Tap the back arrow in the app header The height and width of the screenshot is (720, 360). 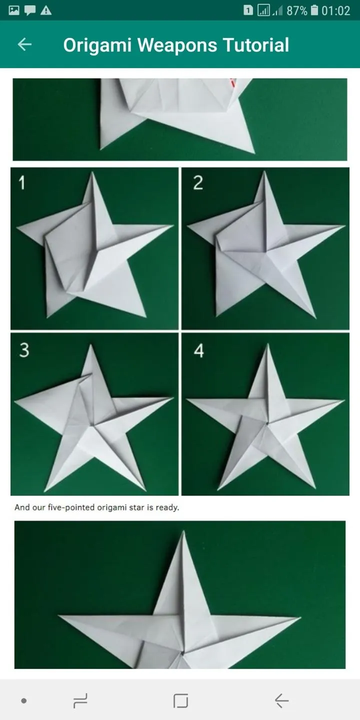(x=24, y=44)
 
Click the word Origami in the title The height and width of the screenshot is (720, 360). (x=97, y=45)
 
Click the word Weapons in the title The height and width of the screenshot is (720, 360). (x=177, y=45)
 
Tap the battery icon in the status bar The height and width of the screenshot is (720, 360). (x=314, y=10)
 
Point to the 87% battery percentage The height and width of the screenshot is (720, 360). (x=297, y=11)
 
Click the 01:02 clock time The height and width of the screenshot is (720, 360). (x=335, y=11)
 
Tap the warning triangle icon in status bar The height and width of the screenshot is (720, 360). (x=46, y=11)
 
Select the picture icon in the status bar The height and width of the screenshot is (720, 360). (x=14, y=10)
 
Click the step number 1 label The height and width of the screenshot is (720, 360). (x=21, y=182)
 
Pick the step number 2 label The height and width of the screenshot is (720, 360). (x=198, y=182)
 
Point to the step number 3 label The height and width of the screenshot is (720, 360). (x=24, y=349)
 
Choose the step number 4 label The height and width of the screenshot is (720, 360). (x=199, y=350)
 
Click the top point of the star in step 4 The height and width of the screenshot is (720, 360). (x=268, y=344)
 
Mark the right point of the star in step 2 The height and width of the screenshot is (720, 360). (x=344, y=226)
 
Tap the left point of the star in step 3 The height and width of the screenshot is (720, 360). (x=15, y=400)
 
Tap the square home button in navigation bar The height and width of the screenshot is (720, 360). (x=180, y=700)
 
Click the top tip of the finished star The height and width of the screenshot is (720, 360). (x=183, y=531)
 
